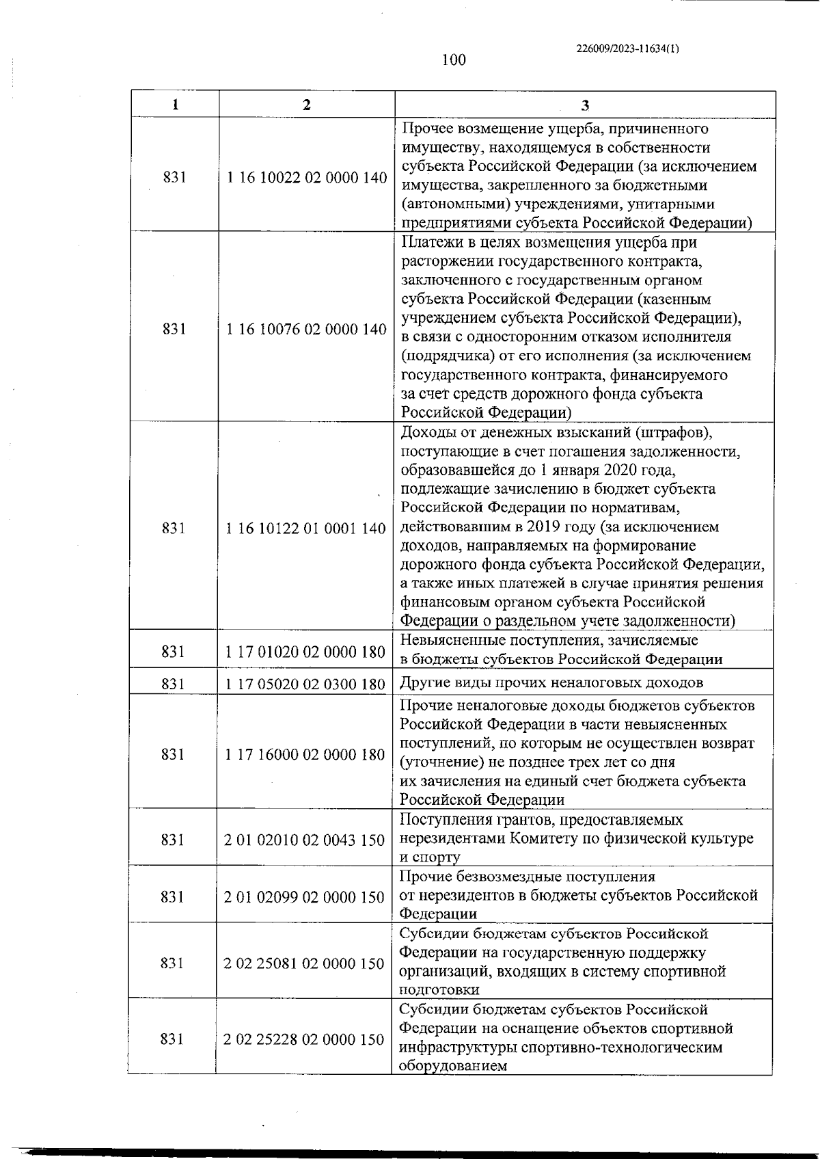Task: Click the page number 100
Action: [x=454, y=60]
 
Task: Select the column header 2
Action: [x=306, y=105]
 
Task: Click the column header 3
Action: [x=585, y=105]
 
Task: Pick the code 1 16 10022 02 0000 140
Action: [x=306, y=178]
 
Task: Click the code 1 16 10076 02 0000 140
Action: [x=306, y=329]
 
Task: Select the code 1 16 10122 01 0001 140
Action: [x=305, y=529]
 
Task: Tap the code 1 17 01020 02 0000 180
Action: [x=305, y=652]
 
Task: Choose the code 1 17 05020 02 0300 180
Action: [x=305, y=684]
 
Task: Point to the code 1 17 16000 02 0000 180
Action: [x=305, y=754]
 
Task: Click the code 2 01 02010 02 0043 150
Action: [x=304, y=840]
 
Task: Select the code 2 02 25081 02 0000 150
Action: [x=304, y=963]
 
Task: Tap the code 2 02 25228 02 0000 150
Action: [x=304, y=1039]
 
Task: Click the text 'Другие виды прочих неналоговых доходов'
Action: [x=551, y=682]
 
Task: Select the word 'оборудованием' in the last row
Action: [x=452, y=1066]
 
